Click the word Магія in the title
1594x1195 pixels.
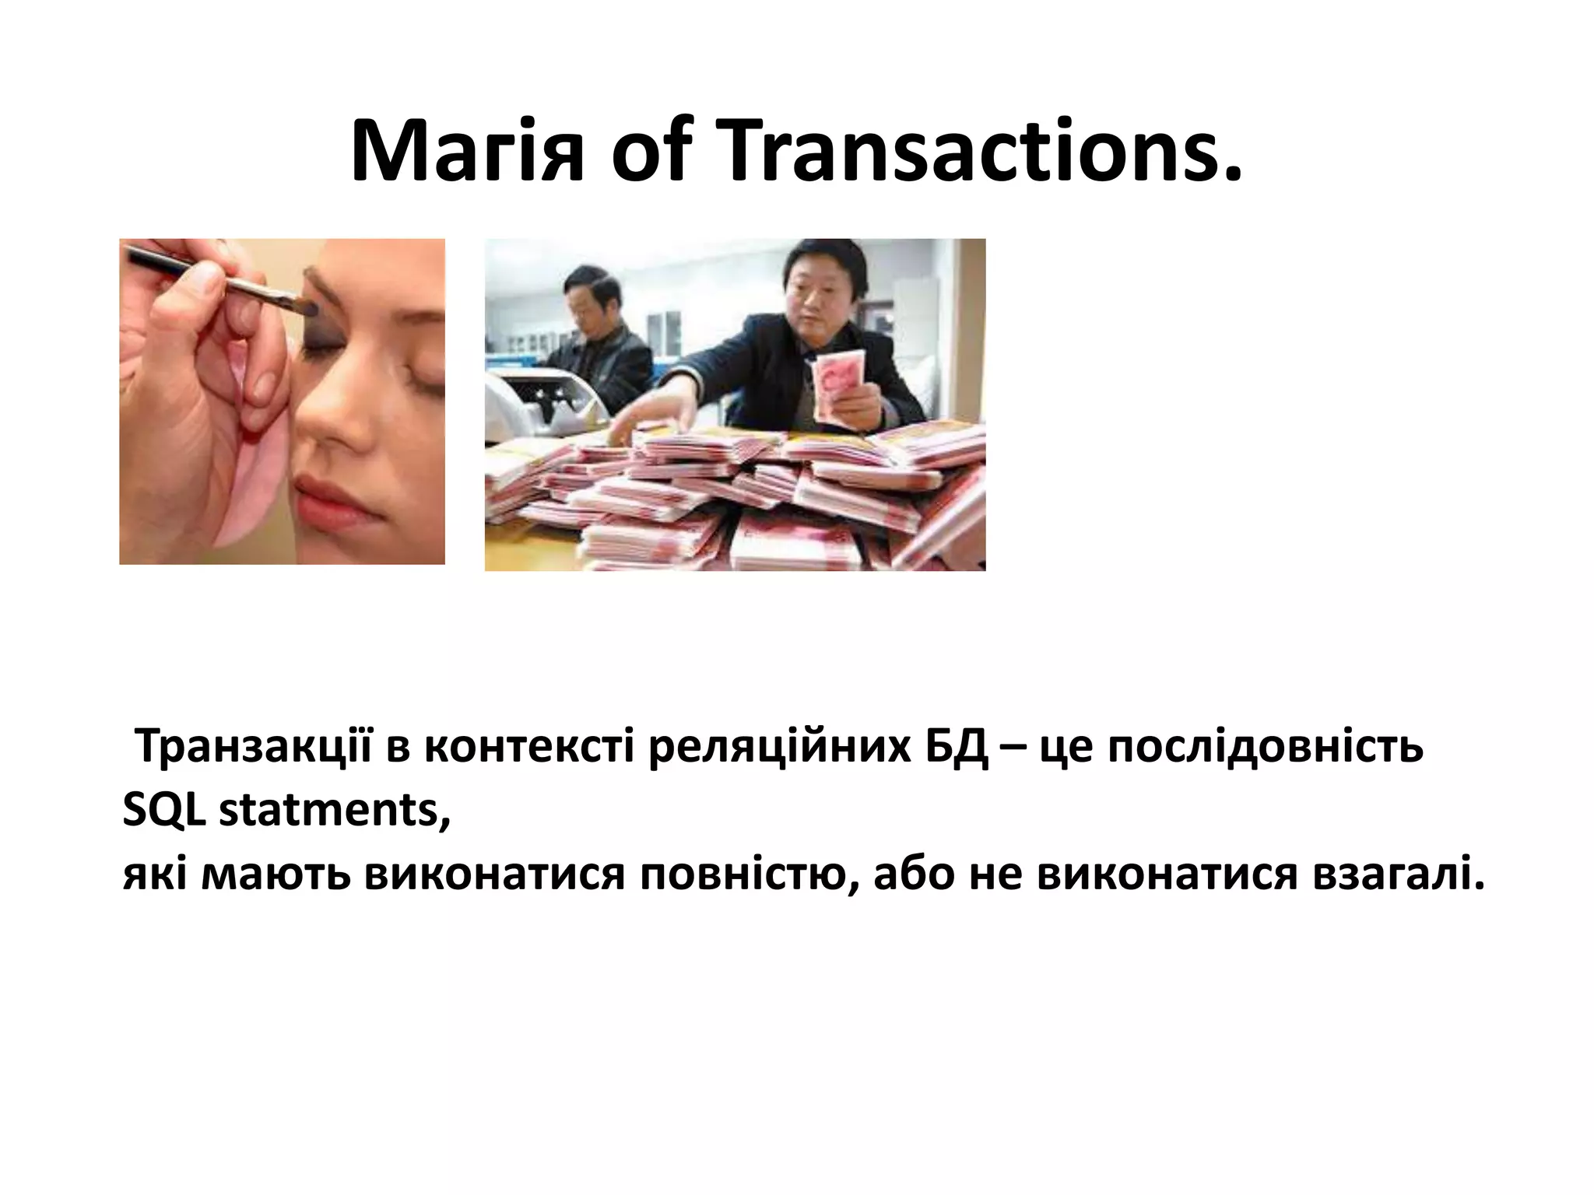466,152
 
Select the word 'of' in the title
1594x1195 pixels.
648,152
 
